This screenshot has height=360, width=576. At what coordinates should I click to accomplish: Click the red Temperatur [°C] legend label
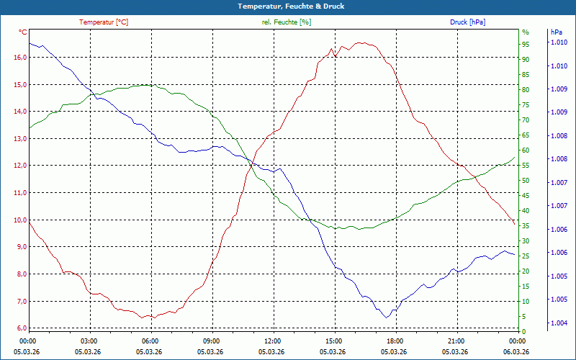click(104, 22)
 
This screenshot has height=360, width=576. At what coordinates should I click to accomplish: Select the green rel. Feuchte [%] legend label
click(287, 22)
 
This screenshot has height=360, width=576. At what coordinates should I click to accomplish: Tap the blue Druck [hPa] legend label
click(467, 22)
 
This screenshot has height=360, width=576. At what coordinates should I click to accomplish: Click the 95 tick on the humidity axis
click(526, 44)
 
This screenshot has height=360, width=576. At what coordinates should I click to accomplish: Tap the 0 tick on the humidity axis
click(524, 331)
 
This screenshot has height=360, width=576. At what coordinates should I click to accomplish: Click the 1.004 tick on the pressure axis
click(559, 323)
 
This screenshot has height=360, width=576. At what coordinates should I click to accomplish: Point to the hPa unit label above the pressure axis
click(556, 32)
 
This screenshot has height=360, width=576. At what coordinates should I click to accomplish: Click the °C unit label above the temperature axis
click(23, 32)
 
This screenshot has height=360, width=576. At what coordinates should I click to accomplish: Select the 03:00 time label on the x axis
click(89, 341)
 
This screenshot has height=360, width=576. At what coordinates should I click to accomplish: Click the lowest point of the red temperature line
click(152, 318)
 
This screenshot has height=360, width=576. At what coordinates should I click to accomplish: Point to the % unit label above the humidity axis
click(525, 32)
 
